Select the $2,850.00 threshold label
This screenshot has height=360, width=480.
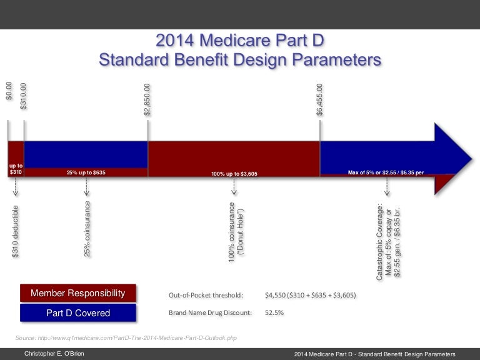coord(147,99)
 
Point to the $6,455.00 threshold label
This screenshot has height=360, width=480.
coord(320,99)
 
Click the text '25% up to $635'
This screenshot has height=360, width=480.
coord(86,172)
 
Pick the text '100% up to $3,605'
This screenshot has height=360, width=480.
coord(234,173)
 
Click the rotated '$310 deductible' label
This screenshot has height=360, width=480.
coord(16,231)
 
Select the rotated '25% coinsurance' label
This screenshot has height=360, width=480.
coord(87,229)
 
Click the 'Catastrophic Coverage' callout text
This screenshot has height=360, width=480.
coord(388,240)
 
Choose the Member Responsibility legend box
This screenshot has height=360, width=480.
coord(78,293)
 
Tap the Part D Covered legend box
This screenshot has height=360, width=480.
coord(78,312)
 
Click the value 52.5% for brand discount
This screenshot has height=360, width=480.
coord(274,312)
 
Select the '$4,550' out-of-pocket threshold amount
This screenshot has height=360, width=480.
coord(275,295)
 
